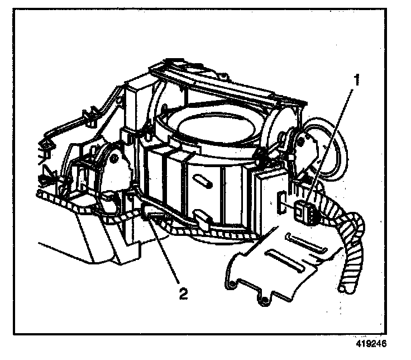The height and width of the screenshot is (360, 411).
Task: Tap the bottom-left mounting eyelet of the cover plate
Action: tap(228, 287)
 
